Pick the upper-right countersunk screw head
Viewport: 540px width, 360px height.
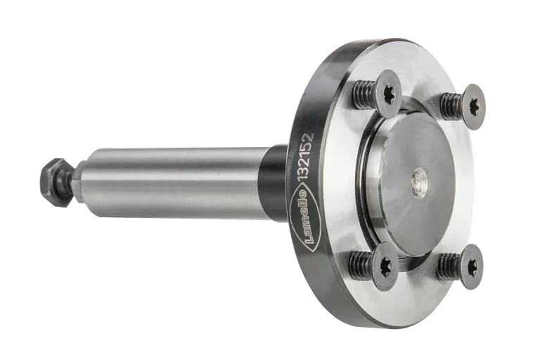[473, 106]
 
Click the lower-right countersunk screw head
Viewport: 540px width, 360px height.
[470, 266]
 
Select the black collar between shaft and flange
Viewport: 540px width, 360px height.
[274, 183]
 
